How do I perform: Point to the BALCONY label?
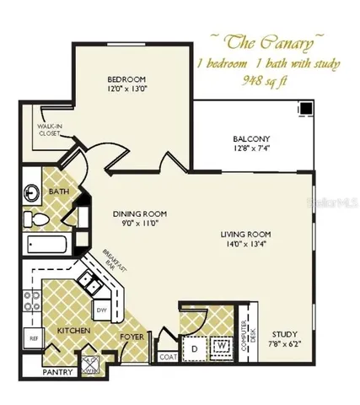[x=250, y=139]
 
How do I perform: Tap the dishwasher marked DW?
[x=100, y=311]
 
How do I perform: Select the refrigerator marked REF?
[x=34, y=337]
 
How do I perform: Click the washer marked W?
[x=221, y=346]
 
